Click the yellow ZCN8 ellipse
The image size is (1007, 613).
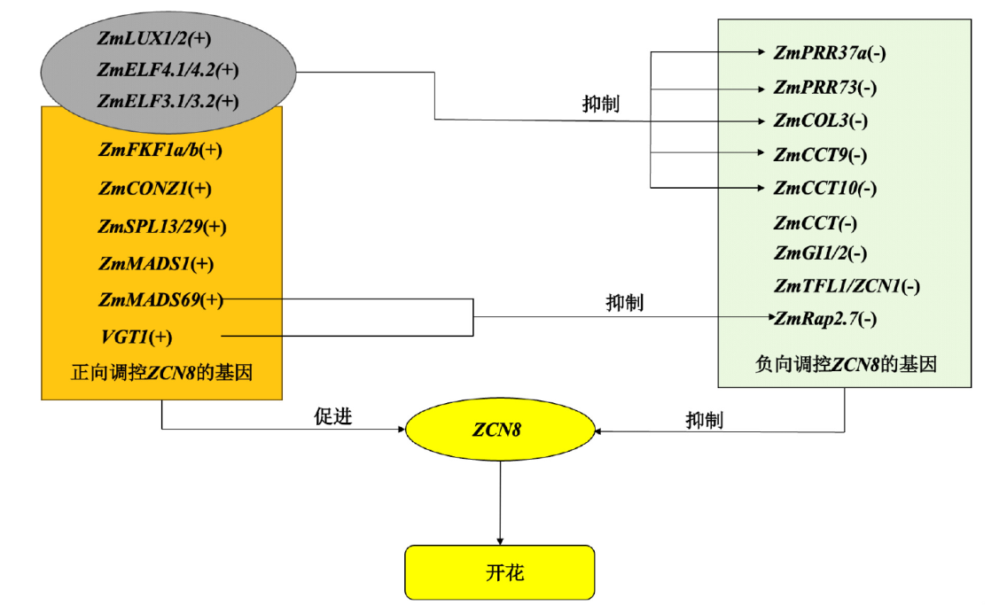pos(500,431)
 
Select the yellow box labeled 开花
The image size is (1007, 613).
pos(500,572)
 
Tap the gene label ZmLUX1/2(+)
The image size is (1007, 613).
pos(154,38)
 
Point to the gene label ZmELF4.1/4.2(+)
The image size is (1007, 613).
pos(168,69)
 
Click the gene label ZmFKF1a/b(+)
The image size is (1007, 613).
pos(160,150)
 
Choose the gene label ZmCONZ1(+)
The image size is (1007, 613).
pos(155,189)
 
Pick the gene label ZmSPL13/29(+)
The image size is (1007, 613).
pos(162,227)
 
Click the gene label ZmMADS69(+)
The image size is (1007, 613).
pos(160,299)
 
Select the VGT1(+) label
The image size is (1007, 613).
pos(137,337)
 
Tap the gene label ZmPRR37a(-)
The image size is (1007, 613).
pos(830,53)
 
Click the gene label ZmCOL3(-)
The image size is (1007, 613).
pos(820,120)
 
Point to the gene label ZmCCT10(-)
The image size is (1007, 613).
pos(824,188)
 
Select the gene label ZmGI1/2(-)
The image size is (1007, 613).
pos(820,253)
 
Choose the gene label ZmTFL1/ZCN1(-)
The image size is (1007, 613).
pos(847,286)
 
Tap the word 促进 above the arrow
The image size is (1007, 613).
pos(333,416)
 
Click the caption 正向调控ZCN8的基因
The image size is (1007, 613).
pos(162,373)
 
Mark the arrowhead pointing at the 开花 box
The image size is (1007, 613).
pos(500,540)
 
